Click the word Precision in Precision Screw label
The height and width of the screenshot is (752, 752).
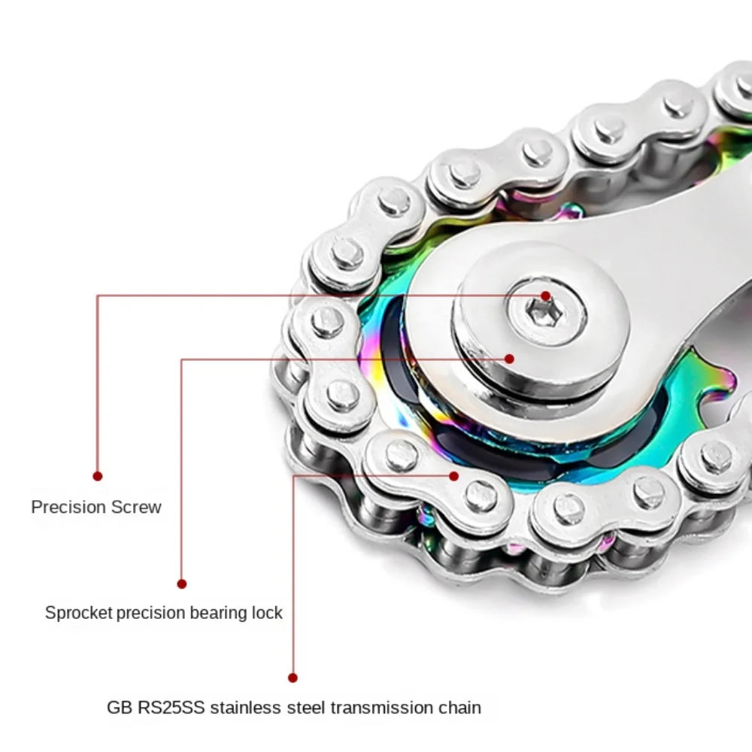[68, 507]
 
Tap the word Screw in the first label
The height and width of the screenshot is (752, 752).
[136, 507]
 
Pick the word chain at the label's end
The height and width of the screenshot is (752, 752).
[459, 708]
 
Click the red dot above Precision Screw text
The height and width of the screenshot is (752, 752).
[97, 476]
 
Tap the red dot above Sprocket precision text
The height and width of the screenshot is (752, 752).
[181, 584]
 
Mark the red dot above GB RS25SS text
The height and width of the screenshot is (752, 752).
[293, 678]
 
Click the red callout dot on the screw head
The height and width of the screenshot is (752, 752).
[545, 296]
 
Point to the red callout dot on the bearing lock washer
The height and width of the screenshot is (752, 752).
[509, 359]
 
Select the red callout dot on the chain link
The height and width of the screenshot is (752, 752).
[454, 475]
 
